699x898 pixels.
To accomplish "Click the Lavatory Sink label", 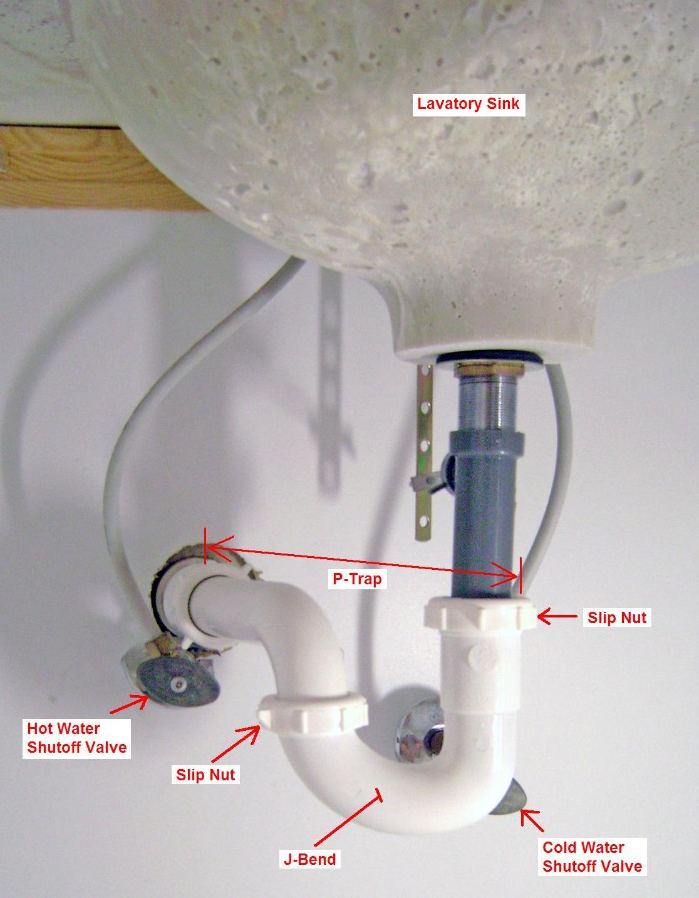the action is pyautogui.click(x=469, y=103).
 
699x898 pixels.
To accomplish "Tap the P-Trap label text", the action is pyautogui.click(x=357, y=579).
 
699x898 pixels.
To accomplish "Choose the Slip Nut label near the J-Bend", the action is pyautogui.click(x=205, y=774).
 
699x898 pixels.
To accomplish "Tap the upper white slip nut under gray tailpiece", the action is pyautogui.click(x=480, y=616).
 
